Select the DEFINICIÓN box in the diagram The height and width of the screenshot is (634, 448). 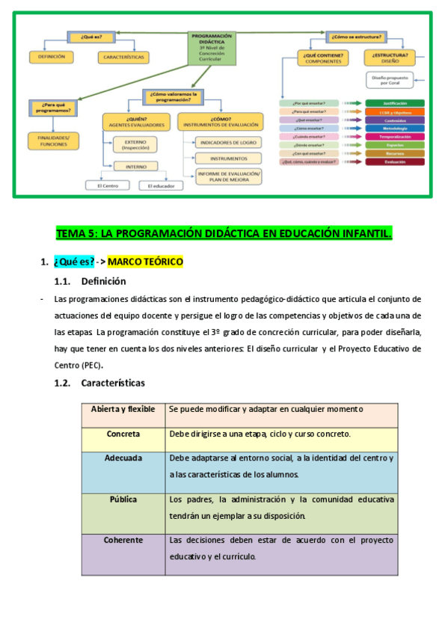[52, 57]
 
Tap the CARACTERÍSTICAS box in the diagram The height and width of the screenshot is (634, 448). [123, 57]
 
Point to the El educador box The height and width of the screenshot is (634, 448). [161, 185]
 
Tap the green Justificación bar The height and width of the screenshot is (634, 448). [395, 102]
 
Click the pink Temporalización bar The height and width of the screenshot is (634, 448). [395, 135]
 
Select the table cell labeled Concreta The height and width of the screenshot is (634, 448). [123, 434]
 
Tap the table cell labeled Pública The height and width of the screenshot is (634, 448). [123, 499]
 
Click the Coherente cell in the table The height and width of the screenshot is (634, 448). [123, 540]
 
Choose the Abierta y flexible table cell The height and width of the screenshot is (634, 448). [123, 409]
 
